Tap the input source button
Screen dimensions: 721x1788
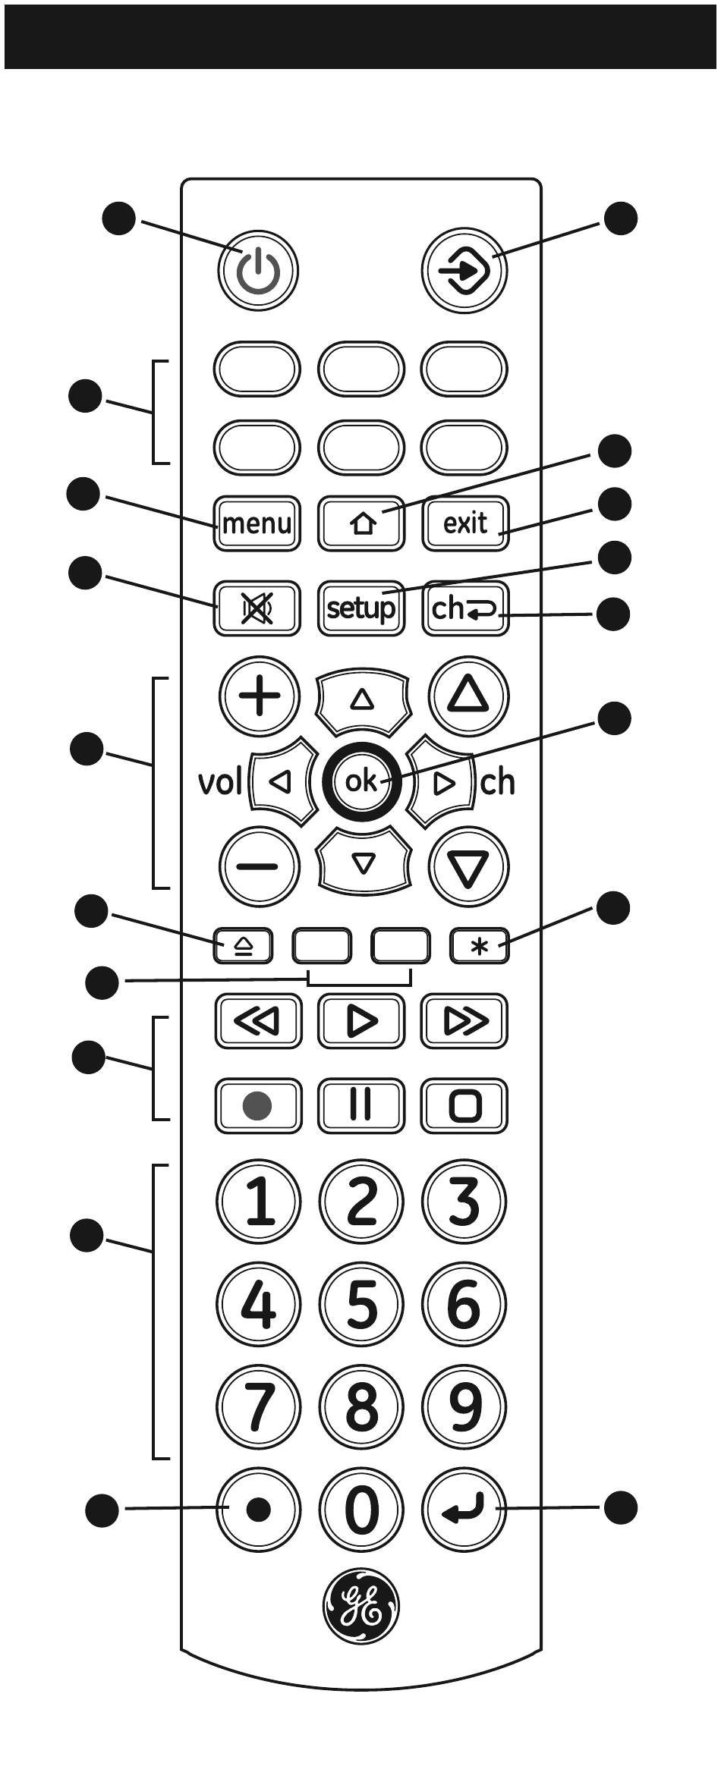click(x=464, y=269)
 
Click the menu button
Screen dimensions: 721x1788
click(x=257, y=523)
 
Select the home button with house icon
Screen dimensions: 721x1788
click(x=361, y=523)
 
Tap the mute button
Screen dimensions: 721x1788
click(x=257, y=608)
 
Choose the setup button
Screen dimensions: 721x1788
click(x=361, y=608)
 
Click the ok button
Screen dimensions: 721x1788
click(x=361, y=781)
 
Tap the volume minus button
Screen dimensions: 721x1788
click(x=259, y=866)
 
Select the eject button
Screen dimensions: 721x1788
click(x=243, y=946)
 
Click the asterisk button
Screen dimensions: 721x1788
click(x=479, y=946)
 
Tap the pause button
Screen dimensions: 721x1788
click(x=361, y=1105)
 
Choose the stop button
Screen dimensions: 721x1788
click(x=464, y=1105)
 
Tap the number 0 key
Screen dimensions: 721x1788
click(x=361, y=1509)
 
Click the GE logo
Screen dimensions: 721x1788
click(x=361, y=1605)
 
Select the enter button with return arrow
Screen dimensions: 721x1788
click(x=464, y=1509)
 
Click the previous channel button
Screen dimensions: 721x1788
click(x=465, y=608)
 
